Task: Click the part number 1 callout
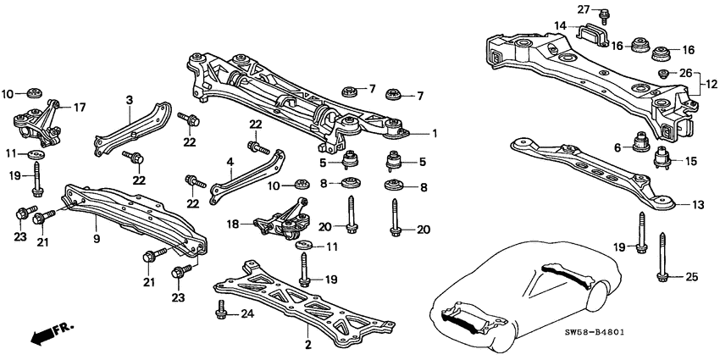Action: click(x=435, y=132)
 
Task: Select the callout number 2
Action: click(x=307, y=346)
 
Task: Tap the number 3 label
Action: click(x=129, y=100)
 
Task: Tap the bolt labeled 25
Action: click(x=662, y=272)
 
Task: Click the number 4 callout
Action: click(x=230, y=161)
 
